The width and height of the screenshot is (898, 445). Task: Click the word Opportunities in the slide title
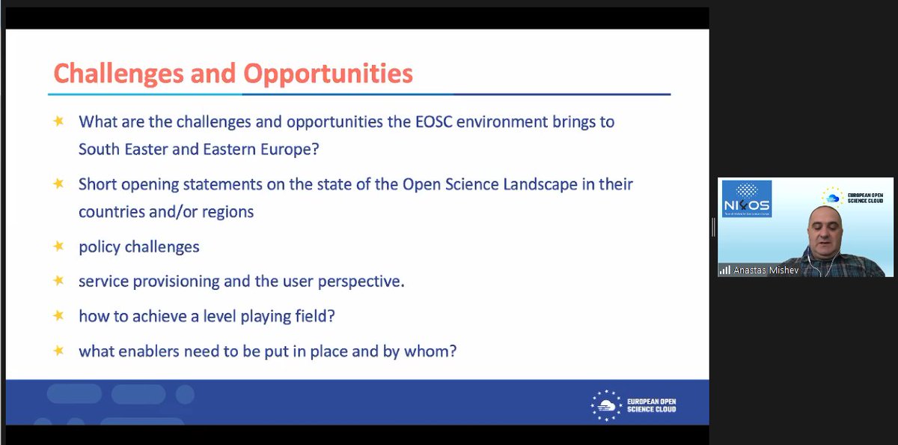[x=329, y=73]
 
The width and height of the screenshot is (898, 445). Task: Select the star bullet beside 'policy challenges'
[x=58, y=246]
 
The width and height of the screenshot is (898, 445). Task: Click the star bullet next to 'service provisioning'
[x=58, y=281]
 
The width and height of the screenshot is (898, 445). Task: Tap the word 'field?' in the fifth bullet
[x=314, y=316]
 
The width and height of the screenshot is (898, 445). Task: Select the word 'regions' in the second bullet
[x=228, y=211]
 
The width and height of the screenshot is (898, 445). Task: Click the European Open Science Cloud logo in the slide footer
[x=633, y=405]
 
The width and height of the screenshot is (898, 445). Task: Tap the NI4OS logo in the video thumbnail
[x=746, y=199]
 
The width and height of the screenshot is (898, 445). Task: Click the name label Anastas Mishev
[x=767, y=270]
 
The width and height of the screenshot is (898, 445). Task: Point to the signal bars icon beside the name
[x=724, y=270]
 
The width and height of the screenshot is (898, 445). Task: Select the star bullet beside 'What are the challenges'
[x=58, y=121]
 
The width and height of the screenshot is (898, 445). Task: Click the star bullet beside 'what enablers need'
[x=58, y=350]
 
